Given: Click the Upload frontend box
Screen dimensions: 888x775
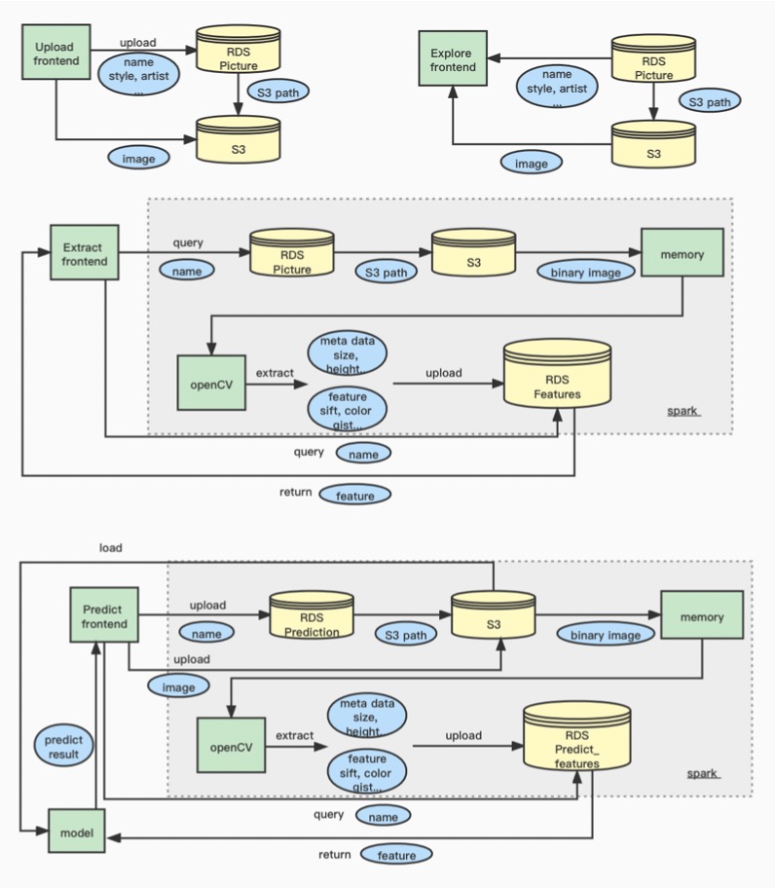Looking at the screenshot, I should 55,54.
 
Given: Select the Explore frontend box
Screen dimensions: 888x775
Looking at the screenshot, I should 453,60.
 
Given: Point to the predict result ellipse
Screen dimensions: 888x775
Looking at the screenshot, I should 65,747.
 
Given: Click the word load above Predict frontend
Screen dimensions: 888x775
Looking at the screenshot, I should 111,547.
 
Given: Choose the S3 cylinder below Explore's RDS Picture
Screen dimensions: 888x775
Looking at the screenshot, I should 653,146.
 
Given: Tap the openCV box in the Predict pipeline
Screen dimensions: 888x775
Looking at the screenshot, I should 231,747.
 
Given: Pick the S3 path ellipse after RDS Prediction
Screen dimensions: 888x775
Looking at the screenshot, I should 407,635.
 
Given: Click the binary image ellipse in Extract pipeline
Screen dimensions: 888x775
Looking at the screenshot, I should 585,272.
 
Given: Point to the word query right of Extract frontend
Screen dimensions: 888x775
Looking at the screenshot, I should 188,242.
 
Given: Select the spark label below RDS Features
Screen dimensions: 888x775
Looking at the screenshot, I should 683,411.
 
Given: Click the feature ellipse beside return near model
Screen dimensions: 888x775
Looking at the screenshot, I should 396,855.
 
